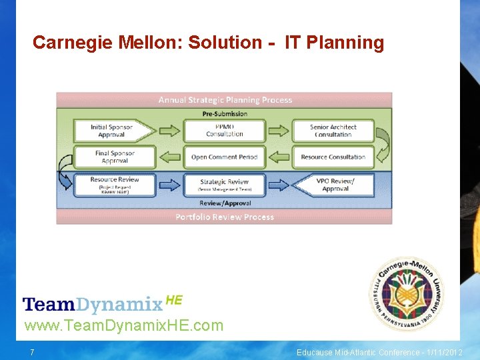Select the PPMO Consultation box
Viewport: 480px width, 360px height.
pyautogui.click(x=225, y=131)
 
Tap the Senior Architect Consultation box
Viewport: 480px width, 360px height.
pyautogui.click(x=333, y=131)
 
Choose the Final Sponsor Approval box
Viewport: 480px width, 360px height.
pyautogui.click(x=115, y=157)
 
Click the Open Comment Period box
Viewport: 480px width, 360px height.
pyautogui.click(x=225, y=157)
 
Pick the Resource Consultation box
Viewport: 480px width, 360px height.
pyautogui.click(x=333, y=157)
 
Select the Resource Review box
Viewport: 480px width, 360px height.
pyautogui.click(x=114, y=184)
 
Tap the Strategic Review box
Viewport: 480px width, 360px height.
pyautogui.click(x=225, y=185)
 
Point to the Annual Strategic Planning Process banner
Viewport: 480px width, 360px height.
pyautogui.click(x=225, y=100)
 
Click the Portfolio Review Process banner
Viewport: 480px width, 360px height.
pyautogui.click(x=225, y=217)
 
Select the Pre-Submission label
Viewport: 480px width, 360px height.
pyautogui.click(x=225, y=113)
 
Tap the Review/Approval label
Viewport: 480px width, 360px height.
pyautogui.click(x=225, y=203)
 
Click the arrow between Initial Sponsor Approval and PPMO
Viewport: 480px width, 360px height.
pyautogui.click(x=169, y=131)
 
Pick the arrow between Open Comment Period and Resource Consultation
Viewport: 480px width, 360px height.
pyautogui.click(x=279, y=157)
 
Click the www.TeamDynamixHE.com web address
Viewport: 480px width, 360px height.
pyautogui.click(x=124, y=326)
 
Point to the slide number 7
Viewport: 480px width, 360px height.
pyautogui.click(x=32, y=352)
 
